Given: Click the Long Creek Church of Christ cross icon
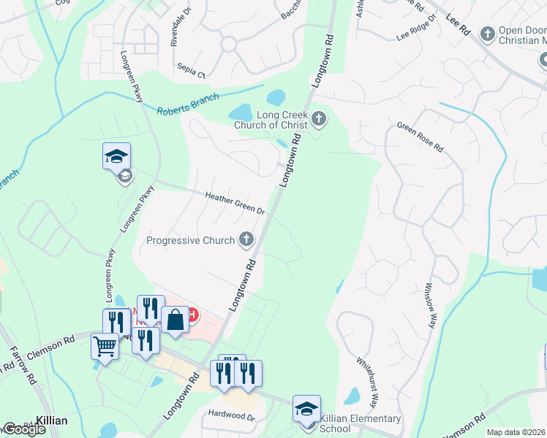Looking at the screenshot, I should click(x=318, y=118).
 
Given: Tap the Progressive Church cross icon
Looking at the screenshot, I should click(x=247, y=239).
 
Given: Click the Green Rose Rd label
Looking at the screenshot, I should click(x=420, y=137).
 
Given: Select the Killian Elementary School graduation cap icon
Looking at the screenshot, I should click(x=306, y=408).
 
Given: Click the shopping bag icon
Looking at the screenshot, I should click(x=176, y=320).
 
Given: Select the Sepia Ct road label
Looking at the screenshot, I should click(x=192, y=69).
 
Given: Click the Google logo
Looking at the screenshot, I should click(x=23, y=429).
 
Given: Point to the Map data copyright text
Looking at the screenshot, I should click(x=516, y=432).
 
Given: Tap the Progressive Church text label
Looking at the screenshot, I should click(x=190, y=240).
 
